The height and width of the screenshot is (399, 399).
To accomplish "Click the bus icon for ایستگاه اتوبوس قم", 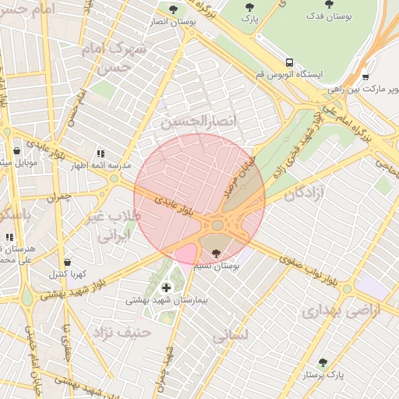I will coord(290,62).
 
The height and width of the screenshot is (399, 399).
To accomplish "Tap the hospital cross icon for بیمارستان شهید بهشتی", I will coord(166,288).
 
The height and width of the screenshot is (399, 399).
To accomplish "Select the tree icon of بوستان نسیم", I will coord(216,253).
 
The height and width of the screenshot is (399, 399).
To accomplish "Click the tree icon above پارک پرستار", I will coord(323,363).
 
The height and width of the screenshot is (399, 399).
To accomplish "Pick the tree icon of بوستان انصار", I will coord(173,10).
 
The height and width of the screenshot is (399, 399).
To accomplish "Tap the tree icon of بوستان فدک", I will coord(332,4).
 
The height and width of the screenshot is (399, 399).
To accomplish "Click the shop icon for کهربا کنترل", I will coord(68,263).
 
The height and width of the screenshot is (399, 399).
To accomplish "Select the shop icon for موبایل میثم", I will coord(16,151).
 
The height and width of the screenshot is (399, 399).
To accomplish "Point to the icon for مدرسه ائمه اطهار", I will coord(100,154).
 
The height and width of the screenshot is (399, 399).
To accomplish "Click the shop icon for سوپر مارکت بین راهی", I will coord(365,77).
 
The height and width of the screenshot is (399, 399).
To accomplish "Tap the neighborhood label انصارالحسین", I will coord(187,122).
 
